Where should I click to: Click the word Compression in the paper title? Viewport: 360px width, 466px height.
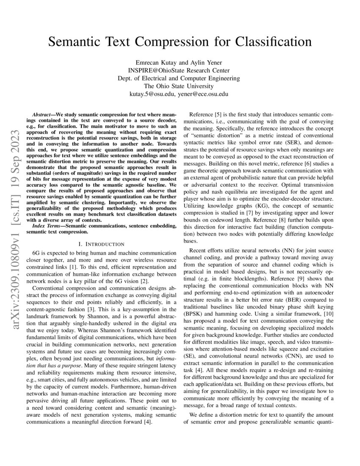(180, 42)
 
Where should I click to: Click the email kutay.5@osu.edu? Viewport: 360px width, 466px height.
(151, 94)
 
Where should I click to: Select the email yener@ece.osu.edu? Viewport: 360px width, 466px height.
(203, 94)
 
